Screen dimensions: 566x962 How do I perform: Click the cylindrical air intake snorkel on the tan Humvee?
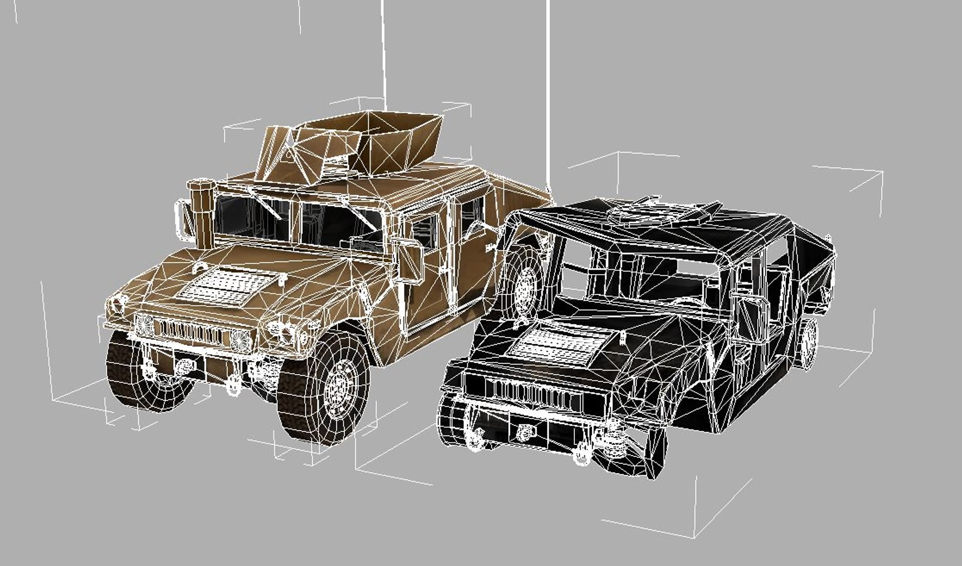202,210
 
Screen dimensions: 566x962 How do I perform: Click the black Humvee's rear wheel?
807,343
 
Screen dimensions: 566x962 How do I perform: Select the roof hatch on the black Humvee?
650,212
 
